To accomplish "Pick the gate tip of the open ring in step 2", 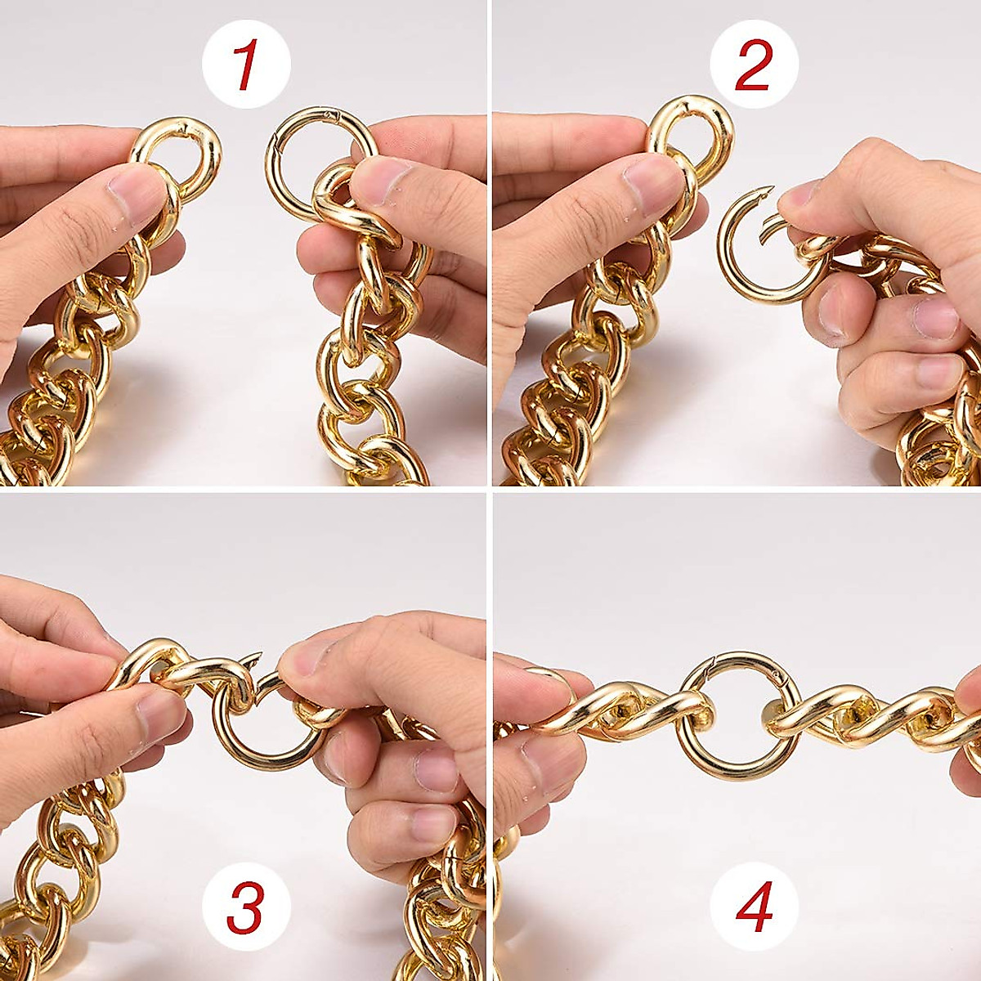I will click(x=769, y=226).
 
